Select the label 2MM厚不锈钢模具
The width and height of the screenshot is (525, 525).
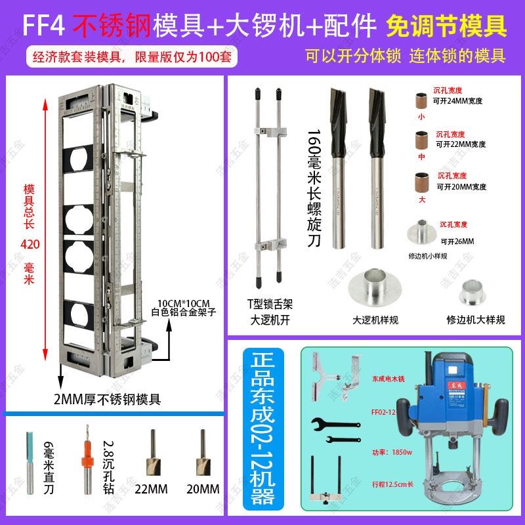click(x=108, y=398)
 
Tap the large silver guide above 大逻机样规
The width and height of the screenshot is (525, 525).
click(x=375, y=287)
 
